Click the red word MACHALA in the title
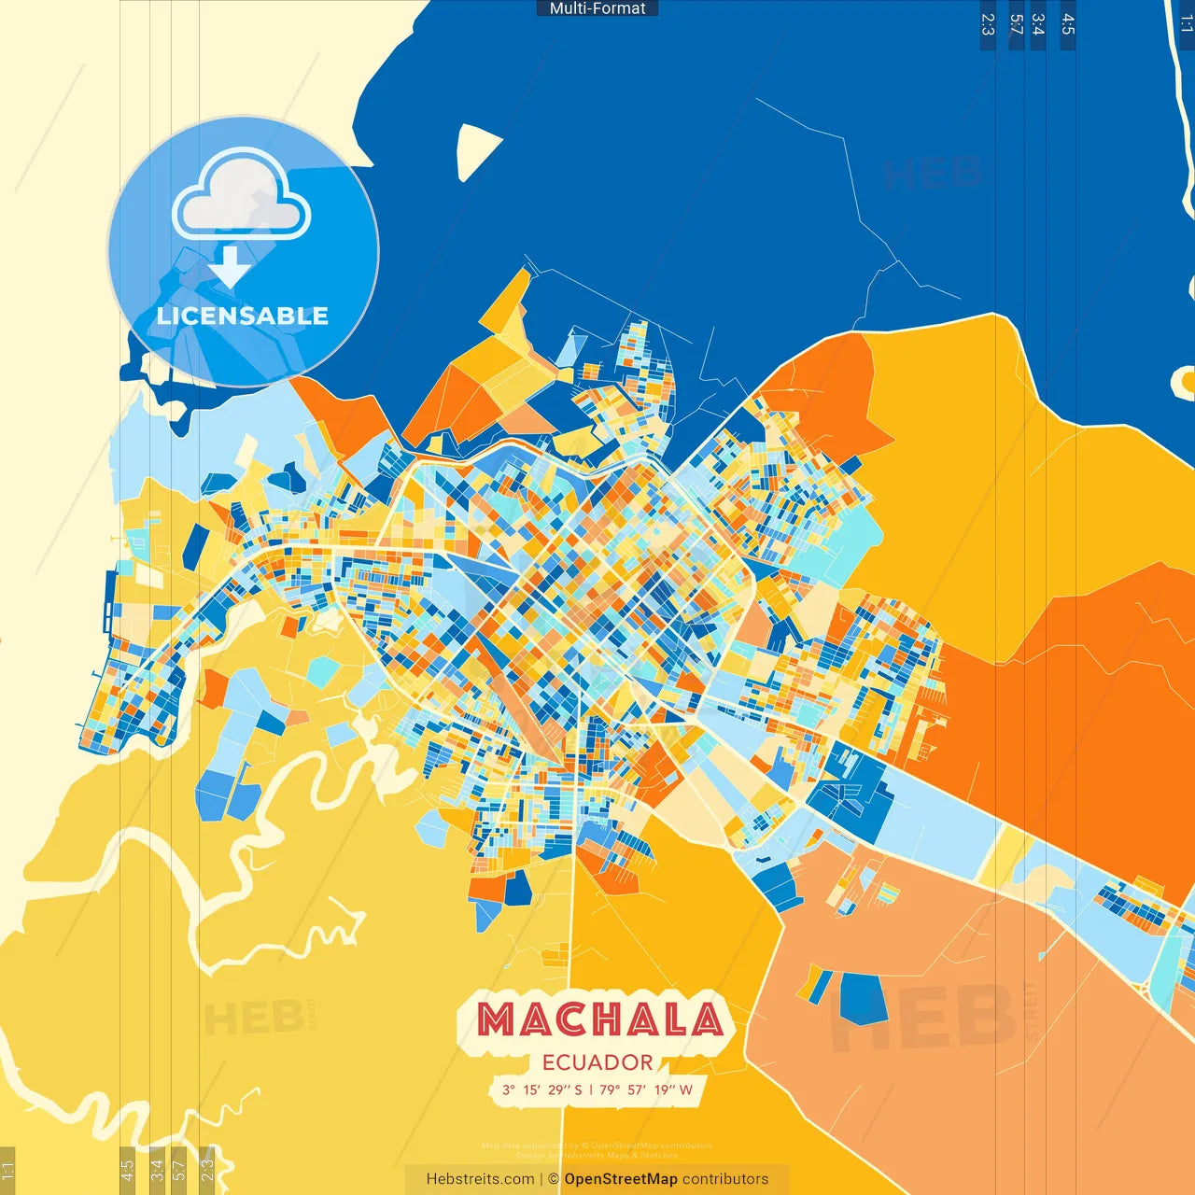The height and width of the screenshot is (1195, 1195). point(599,1019)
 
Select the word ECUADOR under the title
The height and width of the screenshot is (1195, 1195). point(597,1062)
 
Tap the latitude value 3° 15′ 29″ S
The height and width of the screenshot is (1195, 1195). point(541,1090)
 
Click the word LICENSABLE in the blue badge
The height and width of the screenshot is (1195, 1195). point(243,316)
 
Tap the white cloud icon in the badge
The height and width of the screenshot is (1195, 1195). point(242,198)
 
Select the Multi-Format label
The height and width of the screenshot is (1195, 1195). point(597,8)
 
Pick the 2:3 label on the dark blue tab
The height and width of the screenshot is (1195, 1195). point(988,24)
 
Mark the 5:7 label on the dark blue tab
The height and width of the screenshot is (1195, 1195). point(1016,24)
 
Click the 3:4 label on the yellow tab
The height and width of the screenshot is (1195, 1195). point(157,1168)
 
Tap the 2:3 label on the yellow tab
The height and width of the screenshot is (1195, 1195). point(207,1168)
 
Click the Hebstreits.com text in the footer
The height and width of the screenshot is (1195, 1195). point(480,1179)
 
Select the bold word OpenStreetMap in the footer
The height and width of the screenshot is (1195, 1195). point(621,1179)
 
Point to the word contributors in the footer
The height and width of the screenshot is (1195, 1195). point(725,1179)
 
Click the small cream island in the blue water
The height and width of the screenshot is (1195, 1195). point(477,150)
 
